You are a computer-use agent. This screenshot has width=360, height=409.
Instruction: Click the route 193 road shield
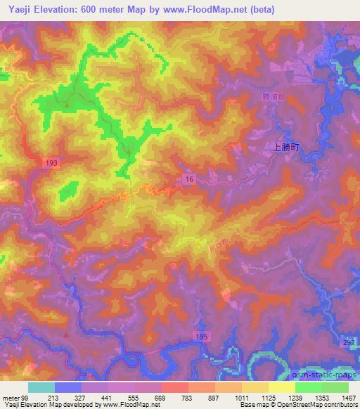pyautogui.click(x=54, y=162)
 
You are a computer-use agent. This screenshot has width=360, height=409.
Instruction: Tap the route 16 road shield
pyautogui.click(x=190, y=180)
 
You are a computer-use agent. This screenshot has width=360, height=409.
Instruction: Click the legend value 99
pyautogui.click(x=27, y=397)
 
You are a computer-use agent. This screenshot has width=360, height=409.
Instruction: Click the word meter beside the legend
pyautogui.click(x=10, y=397)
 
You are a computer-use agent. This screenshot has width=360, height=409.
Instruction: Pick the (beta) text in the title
pyautogui.click(x=259, y=10)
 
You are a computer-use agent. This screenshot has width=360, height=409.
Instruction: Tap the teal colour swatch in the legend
pyautogui.click(x=41, y=387)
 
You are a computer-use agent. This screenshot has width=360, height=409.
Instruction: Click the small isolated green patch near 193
pyautogui.click(x=68, y=190)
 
